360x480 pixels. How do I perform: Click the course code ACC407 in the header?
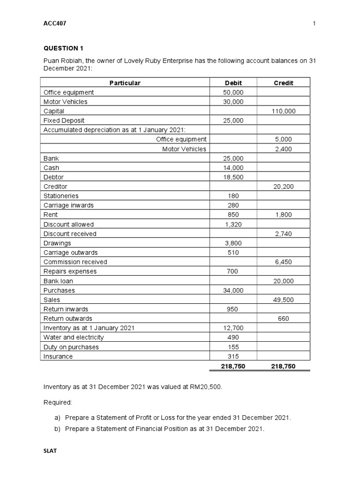[x=54, y=23]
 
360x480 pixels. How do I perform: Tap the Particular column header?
[x=125, y=83]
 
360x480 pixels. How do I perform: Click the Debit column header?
[x=233, y=83]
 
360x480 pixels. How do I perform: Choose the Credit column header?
[x=283, y=83]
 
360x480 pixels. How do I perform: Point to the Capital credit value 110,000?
[x=283, y=111]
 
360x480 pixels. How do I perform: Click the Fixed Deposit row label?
[x=64, y=120]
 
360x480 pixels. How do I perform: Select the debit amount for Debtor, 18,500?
[x=233, y=177]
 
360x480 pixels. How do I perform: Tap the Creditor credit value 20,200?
[x=283, y=187]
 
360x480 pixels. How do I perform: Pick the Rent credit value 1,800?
[x=283, y=215]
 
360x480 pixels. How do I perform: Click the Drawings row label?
[x=57, y=243]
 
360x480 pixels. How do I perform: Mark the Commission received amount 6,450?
[x=283, y=262]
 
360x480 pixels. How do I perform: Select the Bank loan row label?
[x=58, y=281]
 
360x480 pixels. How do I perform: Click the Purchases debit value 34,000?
[x=233, y=291]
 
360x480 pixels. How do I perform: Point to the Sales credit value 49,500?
[x=283, y=300]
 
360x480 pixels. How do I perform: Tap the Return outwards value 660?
[x=283, y=319]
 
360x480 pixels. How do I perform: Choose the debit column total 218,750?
[x=233, y=367]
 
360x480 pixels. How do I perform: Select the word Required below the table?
[x=58, y=402]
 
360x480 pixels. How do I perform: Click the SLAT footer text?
[x=50, y=451]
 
